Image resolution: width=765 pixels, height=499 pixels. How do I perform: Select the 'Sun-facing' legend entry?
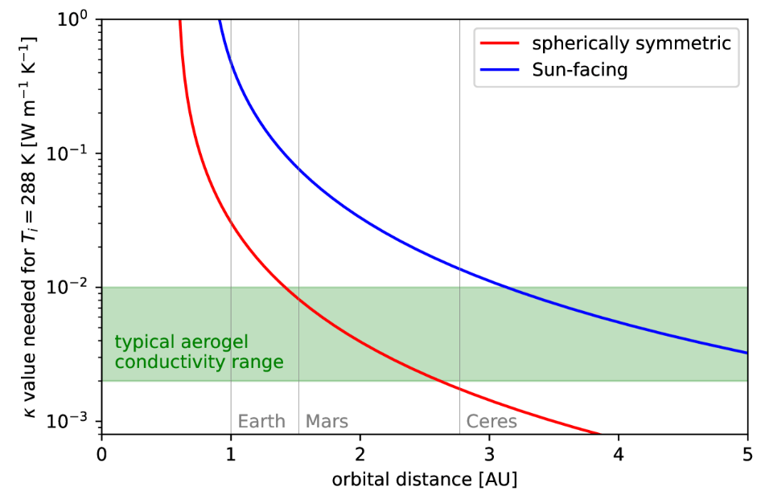579,70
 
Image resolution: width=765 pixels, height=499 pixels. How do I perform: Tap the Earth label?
261,422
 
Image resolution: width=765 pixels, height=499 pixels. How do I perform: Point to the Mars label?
327,422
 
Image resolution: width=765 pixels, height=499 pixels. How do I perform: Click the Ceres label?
491,422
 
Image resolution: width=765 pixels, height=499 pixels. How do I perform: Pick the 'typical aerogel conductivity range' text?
199,352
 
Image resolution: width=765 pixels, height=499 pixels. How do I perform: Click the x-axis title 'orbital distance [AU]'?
424,480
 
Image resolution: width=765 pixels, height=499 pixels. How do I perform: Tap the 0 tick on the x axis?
101,452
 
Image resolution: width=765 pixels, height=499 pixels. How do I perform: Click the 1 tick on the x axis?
231,452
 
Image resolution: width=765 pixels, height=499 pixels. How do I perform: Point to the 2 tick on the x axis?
360,452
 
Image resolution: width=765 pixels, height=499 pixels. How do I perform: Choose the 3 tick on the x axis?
489,452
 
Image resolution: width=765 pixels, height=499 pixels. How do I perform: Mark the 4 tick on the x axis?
619,452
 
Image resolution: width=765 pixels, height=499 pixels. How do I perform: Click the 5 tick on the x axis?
747,452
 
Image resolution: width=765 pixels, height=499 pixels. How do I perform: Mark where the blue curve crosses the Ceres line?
459,268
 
